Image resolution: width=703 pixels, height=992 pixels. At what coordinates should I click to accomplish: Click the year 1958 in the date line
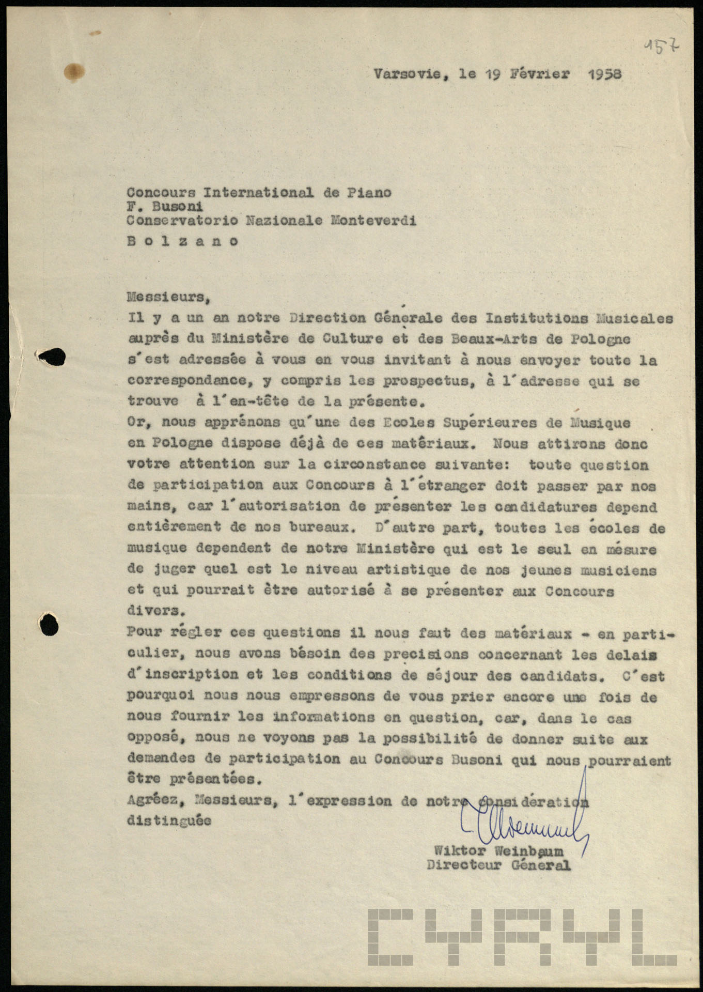tap(604, 74)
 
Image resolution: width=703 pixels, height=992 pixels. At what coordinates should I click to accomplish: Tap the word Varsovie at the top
tap(407, 74)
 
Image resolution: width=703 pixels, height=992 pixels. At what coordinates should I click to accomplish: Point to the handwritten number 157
tap(662, 50)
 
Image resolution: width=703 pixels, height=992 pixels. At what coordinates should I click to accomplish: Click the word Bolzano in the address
tap(183, 241)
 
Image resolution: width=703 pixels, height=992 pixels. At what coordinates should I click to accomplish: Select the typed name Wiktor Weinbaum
tap(498, 851)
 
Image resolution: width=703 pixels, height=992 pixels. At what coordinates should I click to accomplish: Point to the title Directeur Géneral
tap(498, 865)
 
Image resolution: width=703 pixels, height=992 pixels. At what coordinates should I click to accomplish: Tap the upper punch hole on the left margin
tap(52, 357)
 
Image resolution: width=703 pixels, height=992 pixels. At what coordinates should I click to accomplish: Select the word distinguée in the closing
tap(169, 820)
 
